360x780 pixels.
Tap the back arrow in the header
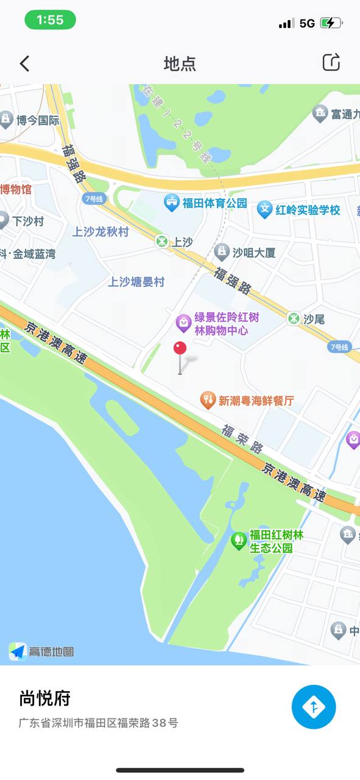point(24,63)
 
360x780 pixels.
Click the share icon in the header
point(331,62)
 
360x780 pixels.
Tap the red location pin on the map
point(180,349)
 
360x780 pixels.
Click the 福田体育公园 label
point(214,203)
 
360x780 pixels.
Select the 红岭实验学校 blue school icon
point(264,210)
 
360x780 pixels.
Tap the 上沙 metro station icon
point(161,241)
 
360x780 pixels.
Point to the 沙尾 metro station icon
point(294,318)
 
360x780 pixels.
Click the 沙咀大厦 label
point(254,252)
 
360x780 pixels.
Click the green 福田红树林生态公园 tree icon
point(239,541)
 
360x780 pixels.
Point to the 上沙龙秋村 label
point(101,232)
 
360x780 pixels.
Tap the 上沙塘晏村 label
point(136,282)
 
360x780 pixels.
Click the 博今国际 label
point(38,120)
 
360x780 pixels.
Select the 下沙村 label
point(29,221)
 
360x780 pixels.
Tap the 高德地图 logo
point(41,651)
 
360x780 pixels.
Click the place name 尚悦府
point(45,698)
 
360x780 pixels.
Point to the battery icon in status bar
point(331,23)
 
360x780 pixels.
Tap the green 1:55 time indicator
point(50,20)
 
